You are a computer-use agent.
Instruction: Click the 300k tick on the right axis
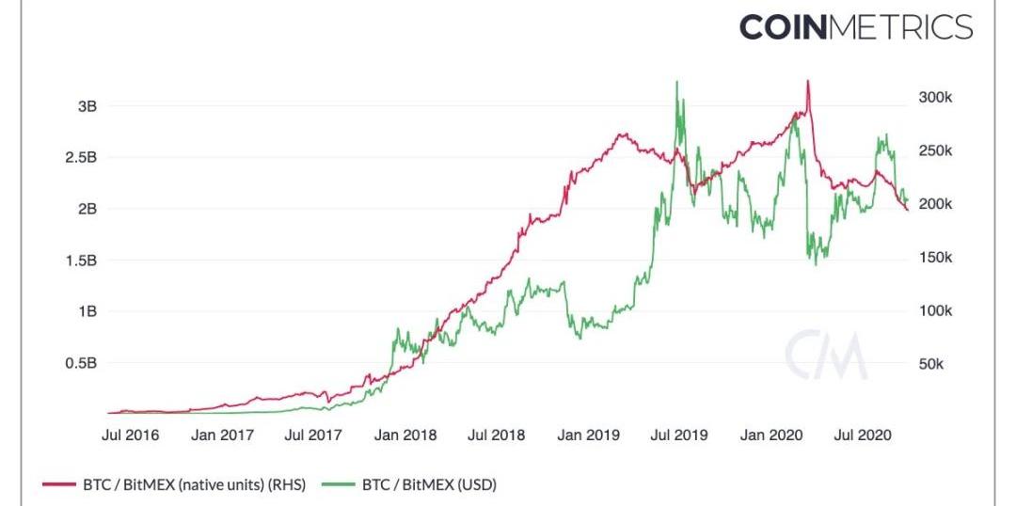[935, 98]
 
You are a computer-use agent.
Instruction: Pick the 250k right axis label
[935, 151]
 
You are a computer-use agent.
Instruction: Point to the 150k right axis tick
[935, 258]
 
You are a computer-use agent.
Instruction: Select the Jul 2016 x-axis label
[130, 435]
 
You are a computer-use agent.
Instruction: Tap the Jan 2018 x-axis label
[405, 435]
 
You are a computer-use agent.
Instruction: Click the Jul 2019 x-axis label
[679, 435]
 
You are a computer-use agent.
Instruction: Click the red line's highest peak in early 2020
[808, 82]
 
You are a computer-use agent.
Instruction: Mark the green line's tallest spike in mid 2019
[677, 83]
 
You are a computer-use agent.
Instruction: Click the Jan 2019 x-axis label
[588, 435]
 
